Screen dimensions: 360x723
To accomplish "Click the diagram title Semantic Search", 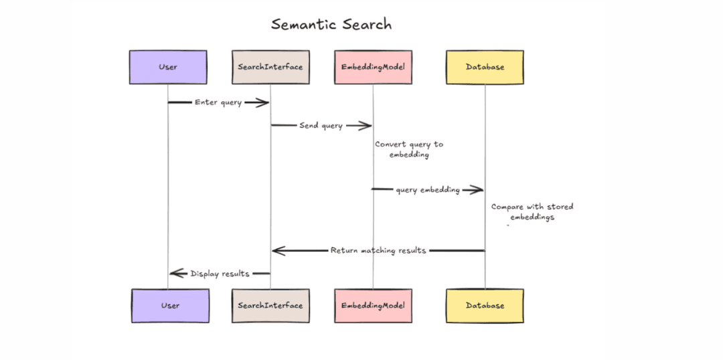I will [x=331, y=25].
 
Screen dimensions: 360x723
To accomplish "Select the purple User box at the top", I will [x=168, y=67].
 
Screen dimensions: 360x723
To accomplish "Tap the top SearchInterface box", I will [x=270, y=67].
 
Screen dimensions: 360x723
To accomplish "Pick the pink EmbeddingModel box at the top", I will [x=373, y=67].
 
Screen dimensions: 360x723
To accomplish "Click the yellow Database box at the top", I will [x=485, y=67].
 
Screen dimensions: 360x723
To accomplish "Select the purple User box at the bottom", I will [x=170, y=306].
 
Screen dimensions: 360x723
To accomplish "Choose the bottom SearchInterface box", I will [x=270, y=306].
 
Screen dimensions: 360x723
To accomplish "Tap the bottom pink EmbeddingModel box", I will [x=373, y=306].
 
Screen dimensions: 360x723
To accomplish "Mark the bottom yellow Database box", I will [x=485, y=306].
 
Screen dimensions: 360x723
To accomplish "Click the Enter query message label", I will [x=218, y=102].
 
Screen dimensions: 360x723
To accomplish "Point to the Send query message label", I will [x=321, y=125].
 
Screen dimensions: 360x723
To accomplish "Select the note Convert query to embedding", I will [x=408, y=149].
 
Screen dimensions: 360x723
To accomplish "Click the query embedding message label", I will [x=428, y=190].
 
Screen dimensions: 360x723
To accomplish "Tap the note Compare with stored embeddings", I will [x=532, y=212].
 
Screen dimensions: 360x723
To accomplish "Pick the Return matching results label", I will [x=378, y=251].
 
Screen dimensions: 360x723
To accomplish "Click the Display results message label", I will [x=220, y=274].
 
